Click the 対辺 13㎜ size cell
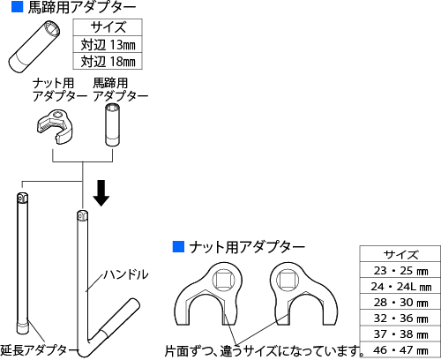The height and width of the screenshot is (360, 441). pos(108,44)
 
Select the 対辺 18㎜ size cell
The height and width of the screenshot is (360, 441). pos(108,61)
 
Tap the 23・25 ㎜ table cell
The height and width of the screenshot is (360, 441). pos(400,270)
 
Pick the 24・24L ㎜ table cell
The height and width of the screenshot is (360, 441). pos(400,286)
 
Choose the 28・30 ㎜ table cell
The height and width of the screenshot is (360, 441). pos(400,302)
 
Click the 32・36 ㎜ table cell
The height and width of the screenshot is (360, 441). pos(400,318)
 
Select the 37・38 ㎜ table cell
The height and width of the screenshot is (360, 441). pos(400,334)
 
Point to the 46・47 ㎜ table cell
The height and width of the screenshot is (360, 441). pos(400,349)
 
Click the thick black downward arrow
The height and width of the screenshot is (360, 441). pos(101,193)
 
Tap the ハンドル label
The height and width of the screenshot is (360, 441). pos(125,274)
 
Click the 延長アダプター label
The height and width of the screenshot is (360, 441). pos(38,350)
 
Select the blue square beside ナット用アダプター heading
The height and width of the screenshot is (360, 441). pos(178,247)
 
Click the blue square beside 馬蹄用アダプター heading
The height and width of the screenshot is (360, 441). pos(18,7)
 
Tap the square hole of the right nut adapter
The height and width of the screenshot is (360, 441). pos(288,280)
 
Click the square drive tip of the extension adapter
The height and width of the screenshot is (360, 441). pos(22,198)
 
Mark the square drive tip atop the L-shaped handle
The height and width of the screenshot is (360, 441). pos(82,215)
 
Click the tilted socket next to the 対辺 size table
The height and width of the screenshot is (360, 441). pos(34,47)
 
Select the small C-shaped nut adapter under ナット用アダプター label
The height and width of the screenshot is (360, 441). pos(55,126)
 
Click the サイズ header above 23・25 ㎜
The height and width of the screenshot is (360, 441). pos(400,254)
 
